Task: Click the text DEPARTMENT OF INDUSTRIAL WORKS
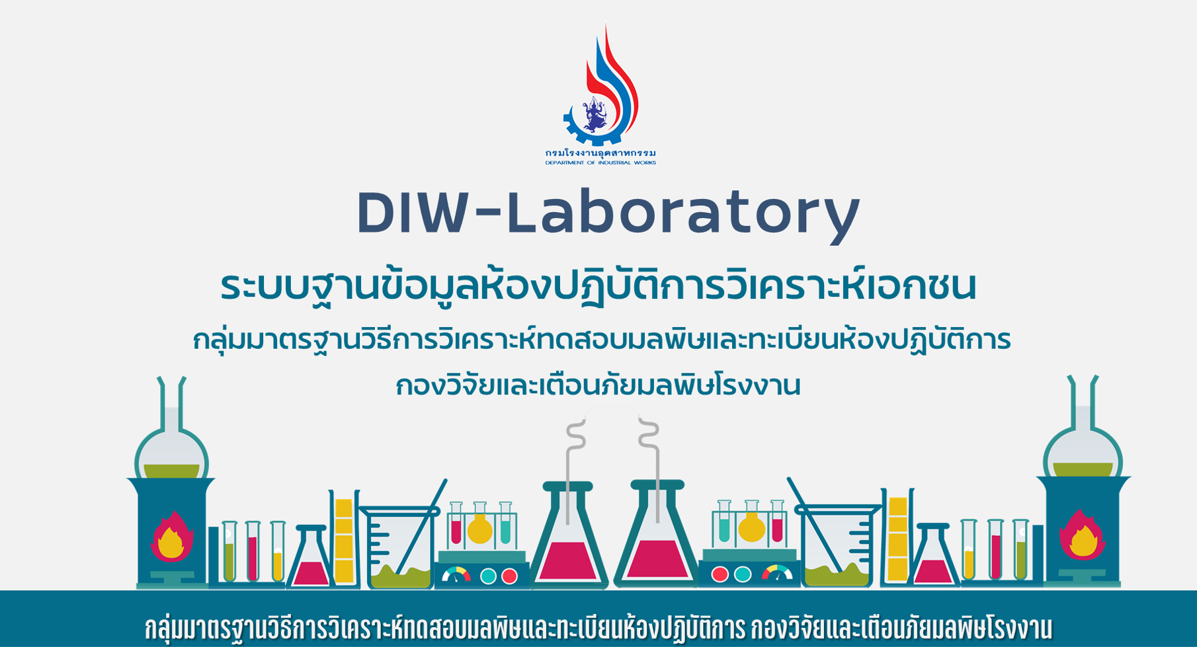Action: [x=600, y=163]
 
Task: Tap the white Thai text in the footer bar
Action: [x=598, y=628]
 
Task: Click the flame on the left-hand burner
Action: [x=171, y=537]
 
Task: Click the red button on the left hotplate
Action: [x=509, y=576]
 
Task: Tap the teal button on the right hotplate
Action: [x=743, y=574]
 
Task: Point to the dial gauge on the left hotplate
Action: [x=456, y=575]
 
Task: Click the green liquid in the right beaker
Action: [x=837, y=576]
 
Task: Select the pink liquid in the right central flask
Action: [x=655, y=559]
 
